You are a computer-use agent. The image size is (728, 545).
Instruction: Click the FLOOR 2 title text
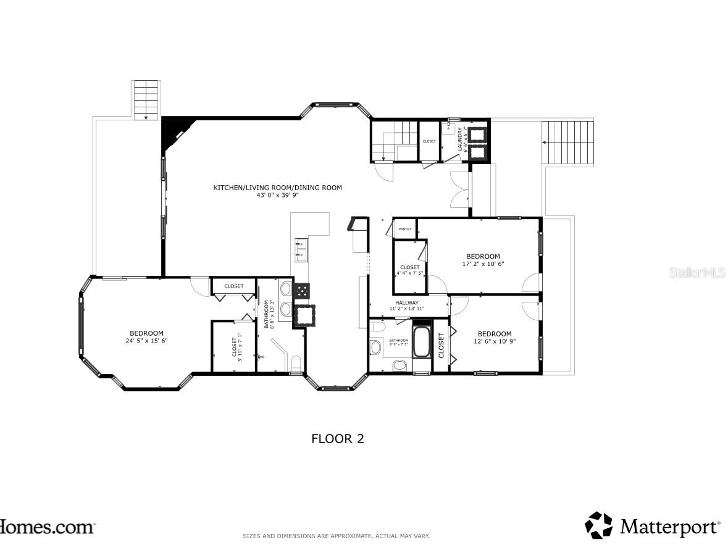pyautogui.click(x=337, y=439)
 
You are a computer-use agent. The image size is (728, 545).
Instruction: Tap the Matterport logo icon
pyautogui.click(x=599, y=525)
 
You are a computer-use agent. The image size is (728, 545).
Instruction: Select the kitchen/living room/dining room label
pyautogui.click(x=277, y=188)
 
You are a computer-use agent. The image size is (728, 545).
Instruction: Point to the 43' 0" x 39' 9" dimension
pyautogui.click(x=277, y=195)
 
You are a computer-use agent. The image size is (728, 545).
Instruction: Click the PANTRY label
pyautogui.click(x=405, y=229)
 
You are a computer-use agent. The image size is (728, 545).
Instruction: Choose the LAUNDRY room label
pyautogui.click(x=460, y=139)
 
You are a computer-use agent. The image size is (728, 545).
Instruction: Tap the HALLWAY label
pyautogui.click(x=407, y=302)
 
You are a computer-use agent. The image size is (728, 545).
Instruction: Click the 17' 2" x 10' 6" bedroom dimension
pyautogui.click(x=483, y=264)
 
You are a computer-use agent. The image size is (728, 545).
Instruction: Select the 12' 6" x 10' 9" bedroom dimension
pyautogui.click(x=495, y=341)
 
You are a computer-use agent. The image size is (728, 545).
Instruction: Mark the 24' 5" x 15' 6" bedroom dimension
pyautogui.click(x=146, y=341)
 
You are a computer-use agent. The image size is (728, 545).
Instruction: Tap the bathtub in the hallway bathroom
pyautogui.click(x=422, y=342)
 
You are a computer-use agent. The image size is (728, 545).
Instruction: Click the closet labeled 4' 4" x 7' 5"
pyautogui.click(x=410, y=270)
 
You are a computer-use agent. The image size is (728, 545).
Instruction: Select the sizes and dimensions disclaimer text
pyautogui.click(x=336, y=536)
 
